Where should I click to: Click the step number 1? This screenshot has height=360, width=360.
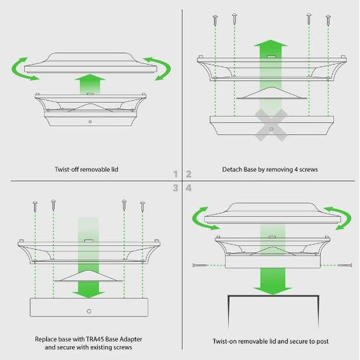[176, 174]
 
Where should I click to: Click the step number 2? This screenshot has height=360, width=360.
[189, 174]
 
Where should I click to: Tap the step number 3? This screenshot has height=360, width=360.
[175, 188]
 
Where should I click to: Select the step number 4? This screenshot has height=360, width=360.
[189, 188]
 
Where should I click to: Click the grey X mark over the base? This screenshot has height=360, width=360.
[271, 124]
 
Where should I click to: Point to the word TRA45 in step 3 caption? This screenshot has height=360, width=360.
[95, 339]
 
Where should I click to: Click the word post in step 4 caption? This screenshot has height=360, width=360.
[323, 342]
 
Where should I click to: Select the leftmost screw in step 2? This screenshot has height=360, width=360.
[215, 20]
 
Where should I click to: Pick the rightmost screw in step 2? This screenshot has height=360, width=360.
[328, 20]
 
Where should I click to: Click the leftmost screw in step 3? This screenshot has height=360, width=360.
[35, 206]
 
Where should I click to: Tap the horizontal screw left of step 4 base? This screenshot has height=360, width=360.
[200, 265]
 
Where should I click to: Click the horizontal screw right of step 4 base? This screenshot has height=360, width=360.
[345, 265]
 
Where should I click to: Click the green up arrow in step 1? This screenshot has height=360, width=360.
[90, 84]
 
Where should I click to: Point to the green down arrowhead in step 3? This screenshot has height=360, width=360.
[88, 295]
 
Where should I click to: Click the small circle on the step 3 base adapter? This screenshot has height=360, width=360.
[89, 311]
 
